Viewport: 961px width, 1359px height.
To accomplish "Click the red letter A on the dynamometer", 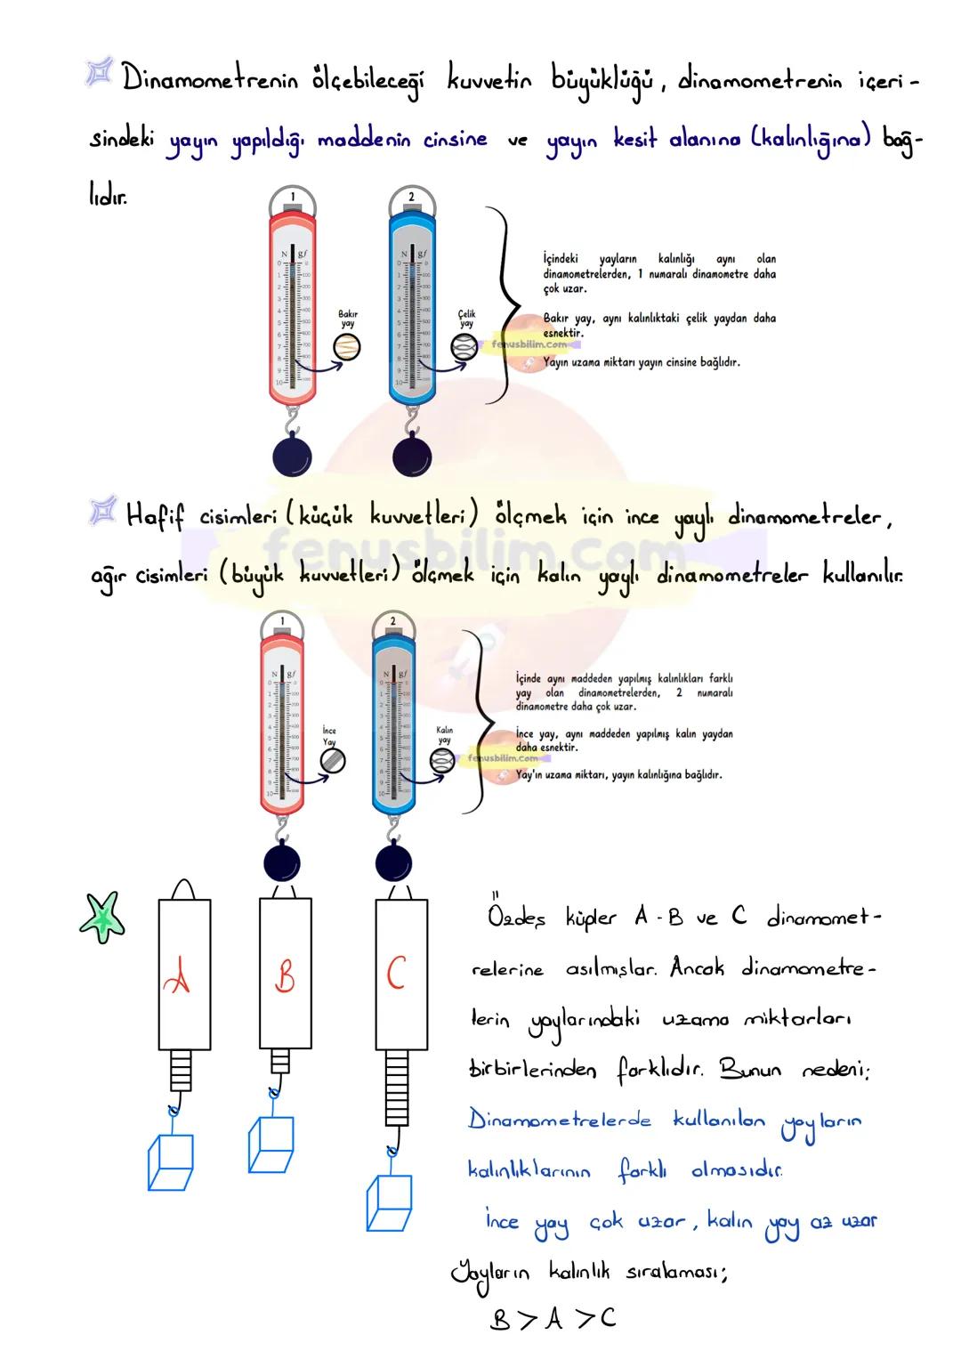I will tap(178, 979).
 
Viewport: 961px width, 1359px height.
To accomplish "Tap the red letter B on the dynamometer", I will tap(285, 977).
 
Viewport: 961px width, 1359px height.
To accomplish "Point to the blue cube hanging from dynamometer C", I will tap(389, 1202).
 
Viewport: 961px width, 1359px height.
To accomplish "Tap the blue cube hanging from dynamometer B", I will tap(271, 1145).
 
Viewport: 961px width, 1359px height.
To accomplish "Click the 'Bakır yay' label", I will tap(348, 319).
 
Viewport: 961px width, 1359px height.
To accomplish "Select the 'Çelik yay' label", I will tap(467, 319).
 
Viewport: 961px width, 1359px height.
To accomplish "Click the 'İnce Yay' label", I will tap(329, 736).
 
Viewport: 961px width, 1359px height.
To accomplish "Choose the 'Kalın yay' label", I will tap(444, 735).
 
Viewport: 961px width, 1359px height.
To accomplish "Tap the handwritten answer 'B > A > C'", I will tap(553, 1319).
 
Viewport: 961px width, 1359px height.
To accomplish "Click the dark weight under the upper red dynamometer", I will tap(293, 456).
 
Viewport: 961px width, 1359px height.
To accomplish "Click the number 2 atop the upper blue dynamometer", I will tap(411, 197).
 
